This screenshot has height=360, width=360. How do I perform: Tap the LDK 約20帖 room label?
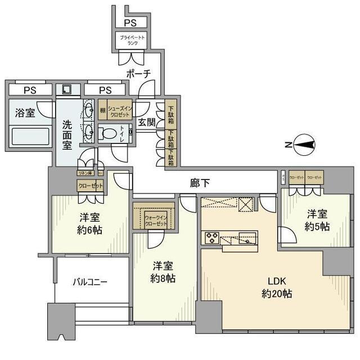point(276,287)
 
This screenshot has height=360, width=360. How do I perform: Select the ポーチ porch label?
point(138,74)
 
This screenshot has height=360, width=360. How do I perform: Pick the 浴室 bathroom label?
point(25,112)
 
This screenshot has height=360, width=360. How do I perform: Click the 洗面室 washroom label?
point(67,136)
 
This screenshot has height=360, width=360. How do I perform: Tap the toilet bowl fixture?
point(109,133)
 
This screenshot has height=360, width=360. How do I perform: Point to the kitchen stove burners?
point(212,237)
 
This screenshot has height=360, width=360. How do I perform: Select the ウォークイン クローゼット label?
point(156,220)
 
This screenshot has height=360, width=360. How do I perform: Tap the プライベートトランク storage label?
point(131,39)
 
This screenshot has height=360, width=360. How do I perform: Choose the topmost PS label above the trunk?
point(130,22)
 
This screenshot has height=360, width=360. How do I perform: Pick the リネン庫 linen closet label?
point(85,173)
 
